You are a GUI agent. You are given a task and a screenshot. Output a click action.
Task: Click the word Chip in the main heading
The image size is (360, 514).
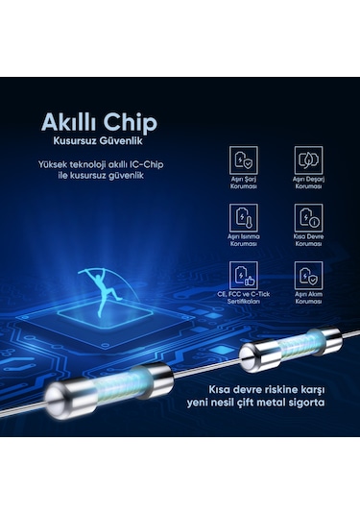pos(130,123)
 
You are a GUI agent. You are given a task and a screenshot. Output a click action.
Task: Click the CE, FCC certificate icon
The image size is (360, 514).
pos(245,273)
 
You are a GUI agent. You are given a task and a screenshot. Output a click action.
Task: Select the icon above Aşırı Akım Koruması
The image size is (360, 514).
pos(307,273)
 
